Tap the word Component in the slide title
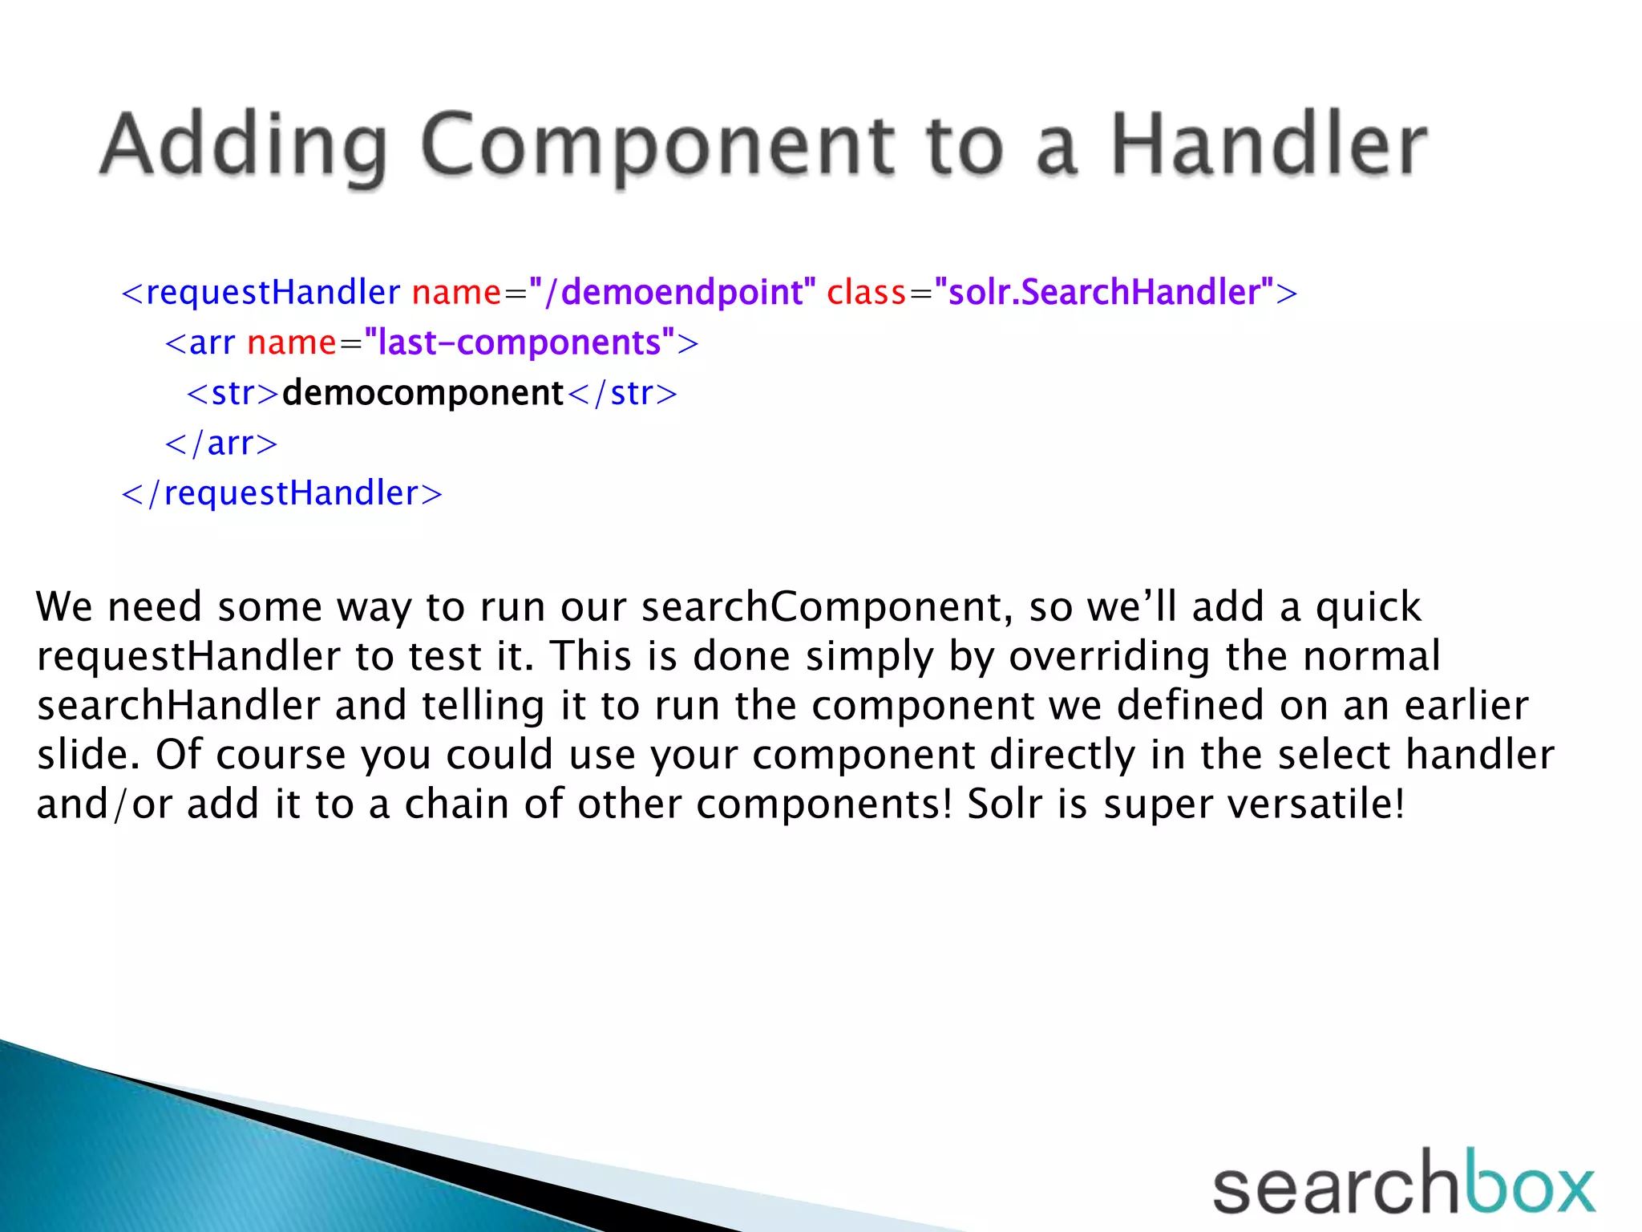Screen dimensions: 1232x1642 click(x=657, y=146)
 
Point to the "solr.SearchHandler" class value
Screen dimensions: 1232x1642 click(x=1104, y=292)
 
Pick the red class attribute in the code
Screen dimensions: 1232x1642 click(x=866, y=292)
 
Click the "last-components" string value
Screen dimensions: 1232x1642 click(x=519, y=342)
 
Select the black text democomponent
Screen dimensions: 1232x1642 click(x=423, y=393)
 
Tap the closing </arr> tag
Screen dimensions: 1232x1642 click(x=221, y=443)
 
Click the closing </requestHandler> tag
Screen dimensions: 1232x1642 click(x=281, y=492)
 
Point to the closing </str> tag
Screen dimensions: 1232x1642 click(x=622, y=393)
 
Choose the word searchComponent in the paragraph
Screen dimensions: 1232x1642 click(x=822, y=606)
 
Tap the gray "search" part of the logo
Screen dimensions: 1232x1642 click(x=1334, y=1187)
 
